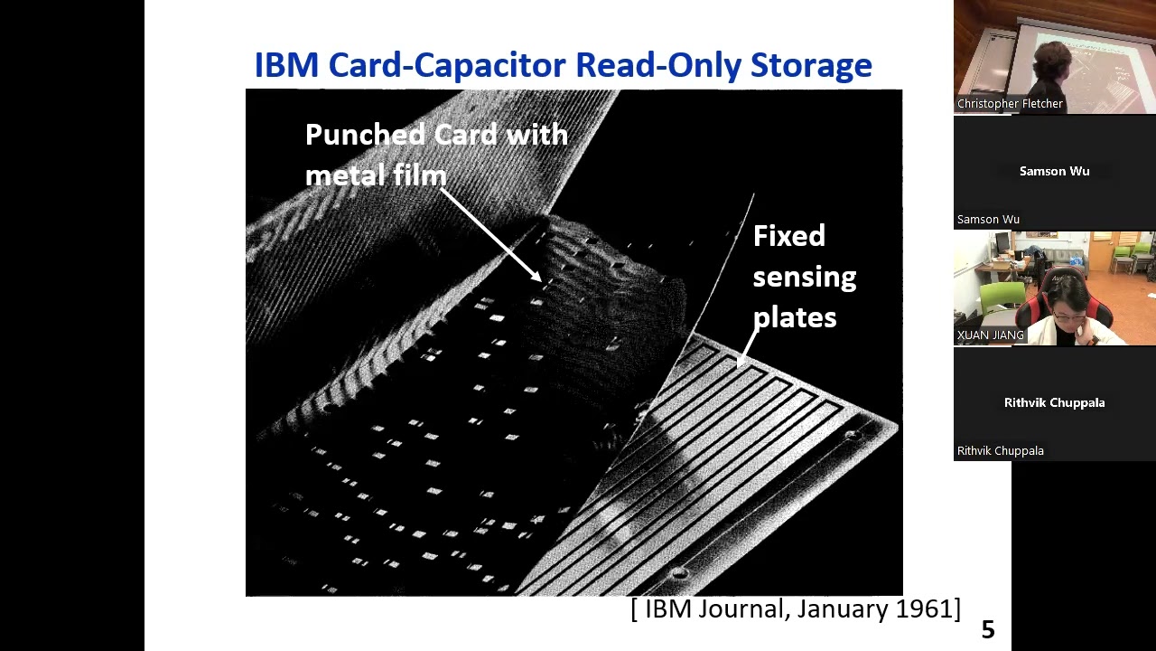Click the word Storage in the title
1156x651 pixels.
click(811, 66)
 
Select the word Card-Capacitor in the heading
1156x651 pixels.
click(447, 66)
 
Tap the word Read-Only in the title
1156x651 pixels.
click(657, 66)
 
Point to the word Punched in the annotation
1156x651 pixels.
click(364, 135)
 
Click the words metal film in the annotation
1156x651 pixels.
click(376, 175)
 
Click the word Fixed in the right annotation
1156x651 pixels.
click(789, 236)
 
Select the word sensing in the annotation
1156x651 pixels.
click(805, 278)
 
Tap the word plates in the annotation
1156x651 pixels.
click(795, 316)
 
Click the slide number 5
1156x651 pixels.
click(988, 629)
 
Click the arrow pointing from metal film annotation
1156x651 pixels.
click(490, 234)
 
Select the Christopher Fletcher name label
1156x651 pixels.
click(1010, 104)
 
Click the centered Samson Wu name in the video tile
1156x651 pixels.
click(1054, 171)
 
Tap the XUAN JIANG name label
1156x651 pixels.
click(991, 335)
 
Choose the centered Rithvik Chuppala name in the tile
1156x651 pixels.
click(1054, 402)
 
